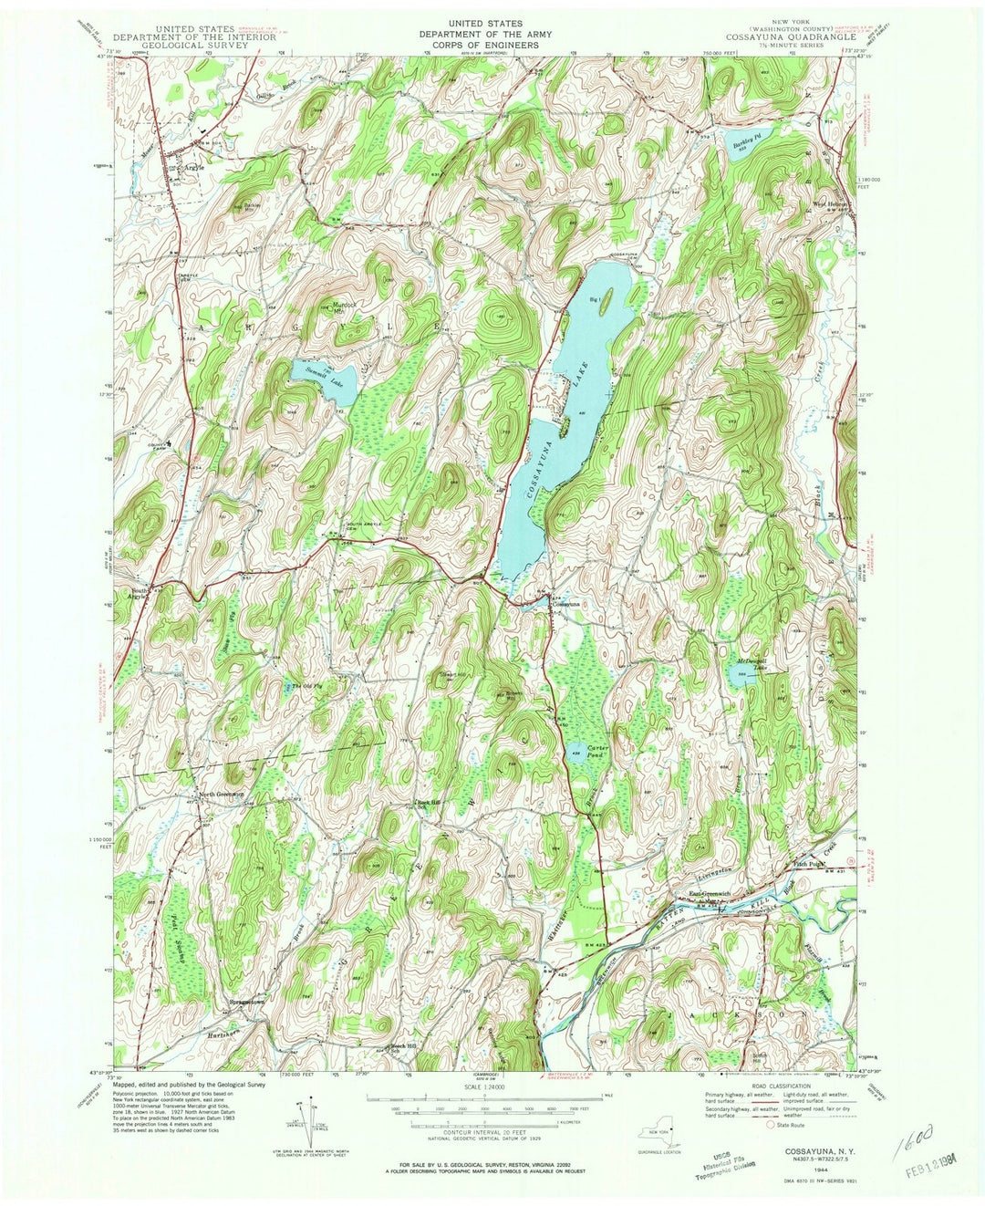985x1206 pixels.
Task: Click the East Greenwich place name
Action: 711,895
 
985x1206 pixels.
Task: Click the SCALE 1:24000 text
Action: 490,1087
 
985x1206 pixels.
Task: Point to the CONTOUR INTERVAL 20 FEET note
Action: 490,1127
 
